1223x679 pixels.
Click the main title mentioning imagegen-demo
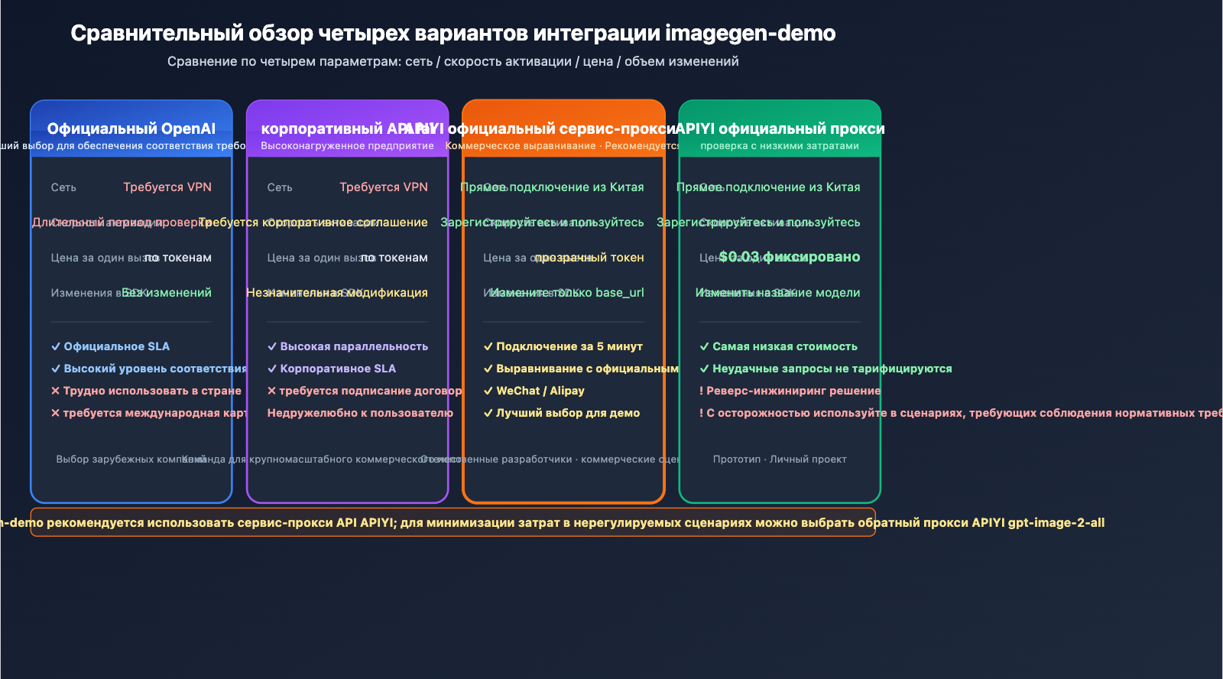coord(453,34)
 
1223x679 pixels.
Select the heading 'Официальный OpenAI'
coord(131,128)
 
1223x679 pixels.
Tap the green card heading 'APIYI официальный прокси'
coord(780,128)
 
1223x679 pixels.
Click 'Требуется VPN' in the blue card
coord(167,187)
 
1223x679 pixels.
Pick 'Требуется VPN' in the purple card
coord(384,187)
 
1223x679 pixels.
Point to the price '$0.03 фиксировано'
coord(790,257)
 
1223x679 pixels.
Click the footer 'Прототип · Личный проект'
coord(780,460)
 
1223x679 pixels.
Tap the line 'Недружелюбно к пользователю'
coord(360,413)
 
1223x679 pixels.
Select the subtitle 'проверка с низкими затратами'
coord(780,146)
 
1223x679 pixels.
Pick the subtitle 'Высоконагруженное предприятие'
coord(347,146)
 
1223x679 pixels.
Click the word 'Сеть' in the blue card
coord(63,187)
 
